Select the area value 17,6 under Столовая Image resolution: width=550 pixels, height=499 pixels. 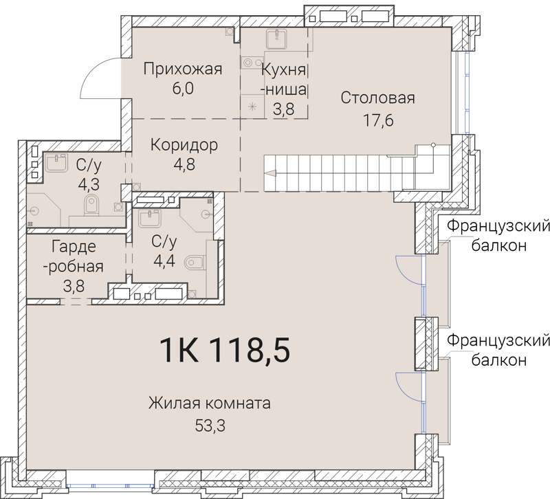[x=377, y=121]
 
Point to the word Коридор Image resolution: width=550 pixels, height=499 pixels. [x=184, y=146]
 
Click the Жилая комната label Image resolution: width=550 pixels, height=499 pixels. [x=210, y=403]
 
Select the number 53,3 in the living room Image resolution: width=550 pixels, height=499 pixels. [x=210, y=425]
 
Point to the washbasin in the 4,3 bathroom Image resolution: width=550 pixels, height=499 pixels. [x=54, y=164]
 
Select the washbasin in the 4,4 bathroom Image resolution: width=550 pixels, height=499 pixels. [x=149, y=219]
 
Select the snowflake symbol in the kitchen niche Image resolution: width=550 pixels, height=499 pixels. [x=252, y=106]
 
